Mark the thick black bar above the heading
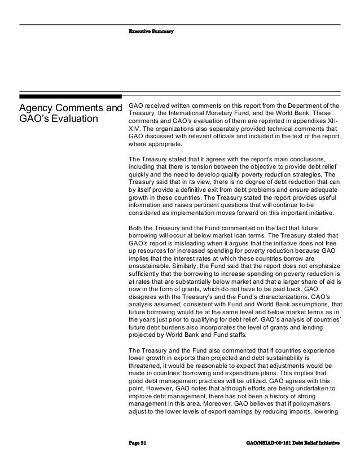[x=71, y=97]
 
